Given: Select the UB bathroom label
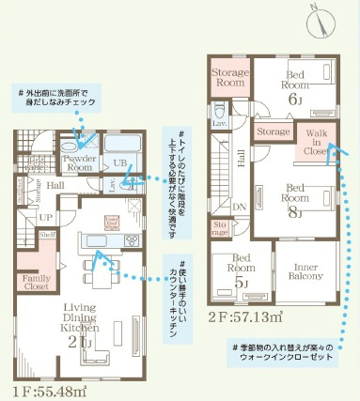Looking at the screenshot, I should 119,162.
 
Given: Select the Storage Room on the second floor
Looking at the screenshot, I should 227,78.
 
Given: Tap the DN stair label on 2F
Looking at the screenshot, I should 240,206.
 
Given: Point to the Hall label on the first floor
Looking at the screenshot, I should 55,186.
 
